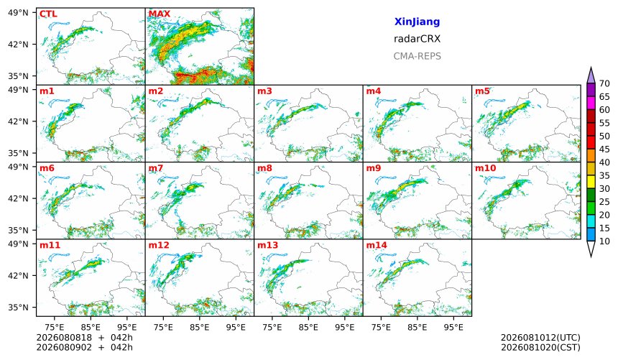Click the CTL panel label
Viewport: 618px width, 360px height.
(48, 14)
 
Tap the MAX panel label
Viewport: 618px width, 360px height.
(160, 14)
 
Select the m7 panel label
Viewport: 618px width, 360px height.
(156, 168)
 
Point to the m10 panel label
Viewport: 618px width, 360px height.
(486, 168)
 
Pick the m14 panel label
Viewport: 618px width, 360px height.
(377, 245)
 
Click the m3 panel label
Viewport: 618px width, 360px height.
(264, 91)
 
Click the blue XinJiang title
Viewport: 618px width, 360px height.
(417, 22)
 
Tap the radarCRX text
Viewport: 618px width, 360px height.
(417, 39)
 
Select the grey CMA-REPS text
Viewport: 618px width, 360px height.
(417, 56)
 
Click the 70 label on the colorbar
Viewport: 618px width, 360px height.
(604, 83)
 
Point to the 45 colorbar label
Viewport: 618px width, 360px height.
(604, 149)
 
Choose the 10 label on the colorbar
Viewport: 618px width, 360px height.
(604, 241)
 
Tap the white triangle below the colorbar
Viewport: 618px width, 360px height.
(591, 248)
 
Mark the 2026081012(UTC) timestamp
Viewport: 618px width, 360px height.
(540, 338)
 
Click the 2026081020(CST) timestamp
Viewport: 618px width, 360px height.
(540, 348)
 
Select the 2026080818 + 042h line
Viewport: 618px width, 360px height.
(84, 338)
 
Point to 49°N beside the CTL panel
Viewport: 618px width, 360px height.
(18, 13)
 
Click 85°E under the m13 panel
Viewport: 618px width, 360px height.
(308, 327)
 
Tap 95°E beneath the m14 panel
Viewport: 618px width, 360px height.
(453, 327)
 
